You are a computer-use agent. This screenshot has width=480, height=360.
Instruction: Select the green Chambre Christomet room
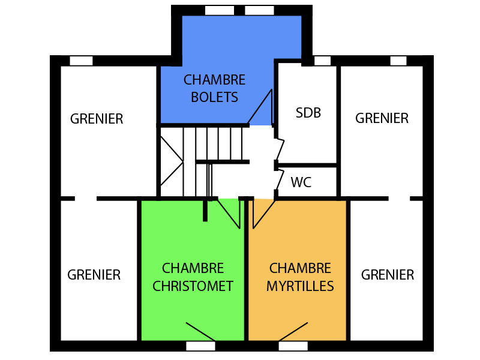coord(193,240)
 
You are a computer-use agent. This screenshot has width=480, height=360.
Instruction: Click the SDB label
coord(308,113)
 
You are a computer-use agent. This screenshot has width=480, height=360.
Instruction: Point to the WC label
coord(301,182)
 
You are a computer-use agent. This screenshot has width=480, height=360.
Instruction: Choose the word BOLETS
coord(214,97)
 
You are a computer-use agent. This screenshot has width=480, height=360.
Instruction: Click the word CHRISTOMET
coord(193,286)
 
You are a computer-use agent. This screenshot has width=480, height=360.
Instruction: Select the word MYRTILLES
coord(300,286)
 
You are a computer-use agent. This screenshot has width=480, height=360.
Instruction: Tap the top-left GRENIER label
coord(97,119)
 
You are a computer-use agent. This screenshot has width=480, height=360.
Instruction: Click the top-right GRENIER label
coord(382,118)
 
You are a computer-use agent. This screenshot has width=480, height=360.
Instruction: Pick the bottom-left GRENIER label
coord(94,275)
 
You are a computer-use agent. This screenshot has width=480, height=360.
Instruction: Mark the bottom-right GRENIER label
coord(388,275)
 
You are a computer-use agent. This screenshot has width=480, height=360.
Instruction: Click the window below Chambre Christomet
coord(200,346)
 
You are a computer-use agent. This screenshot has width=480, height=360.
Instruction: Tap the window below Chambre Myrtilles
coord(293,346)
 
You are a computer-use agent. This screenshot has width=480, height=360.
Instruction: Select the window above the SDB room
coord(322,61)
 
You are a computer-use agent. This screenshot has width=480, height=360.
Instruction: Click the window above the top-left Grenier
coord(81,61)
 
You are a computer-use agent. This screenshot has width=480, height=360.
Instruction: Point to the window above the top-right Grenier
coord(398,61)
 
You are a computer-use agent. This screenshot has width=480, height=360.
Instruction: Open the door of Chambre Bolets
coord(260,108)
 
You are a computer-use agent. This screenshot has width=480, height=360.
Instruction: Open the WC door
coord(280,178)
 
